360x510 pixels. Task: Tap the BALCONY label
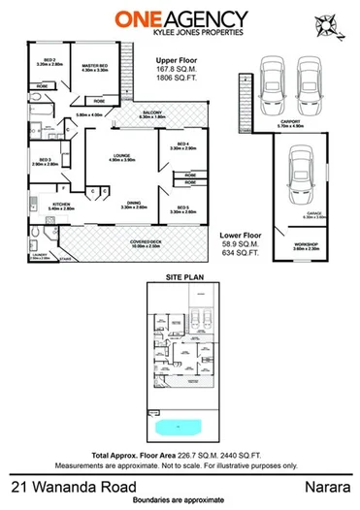click(151, 112)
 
